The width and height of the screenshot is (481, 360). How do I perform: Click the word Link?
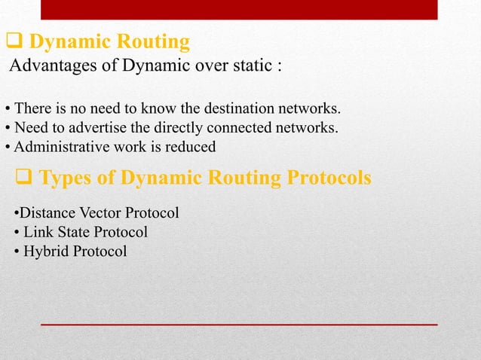(x=38, y=232)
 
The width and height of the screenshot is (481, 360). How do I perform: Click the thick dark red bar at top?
(x=238, y=10)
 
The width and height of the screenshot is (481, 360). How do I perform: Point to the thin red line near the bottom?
(x=238, y=324)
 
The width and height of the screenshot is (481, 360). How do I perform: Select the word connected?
(x=239, y=127)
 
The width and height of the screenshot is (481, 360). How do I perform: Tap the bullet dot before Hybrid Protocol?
(x=17, y=252)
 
